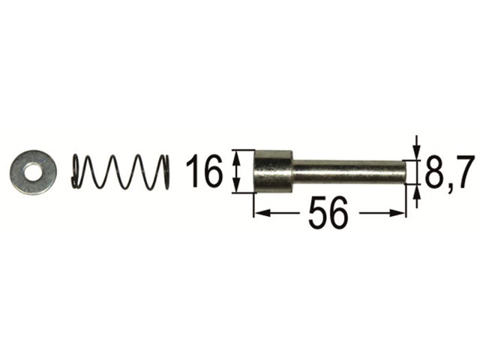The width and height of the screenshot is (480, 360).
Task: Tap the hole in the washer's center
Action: click(x=33, y=172)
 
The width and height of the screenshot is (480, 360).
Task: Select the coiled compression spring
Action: click(x=121, y=172)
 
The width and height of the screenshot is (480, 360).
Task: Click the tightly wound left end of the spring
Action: click(x=76, y=172)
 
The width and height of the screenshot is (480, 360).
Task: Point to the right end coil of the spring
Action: click(x=165, y=172)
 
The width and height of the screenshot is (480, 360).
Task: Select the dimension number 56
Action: click(x=328, y=213)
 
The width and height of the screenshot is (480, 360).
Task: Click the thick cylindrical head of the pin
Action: click(x=273, y=172)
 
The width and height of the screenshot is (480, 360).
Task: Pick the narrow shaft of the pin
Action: click(x=349, y=172)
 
